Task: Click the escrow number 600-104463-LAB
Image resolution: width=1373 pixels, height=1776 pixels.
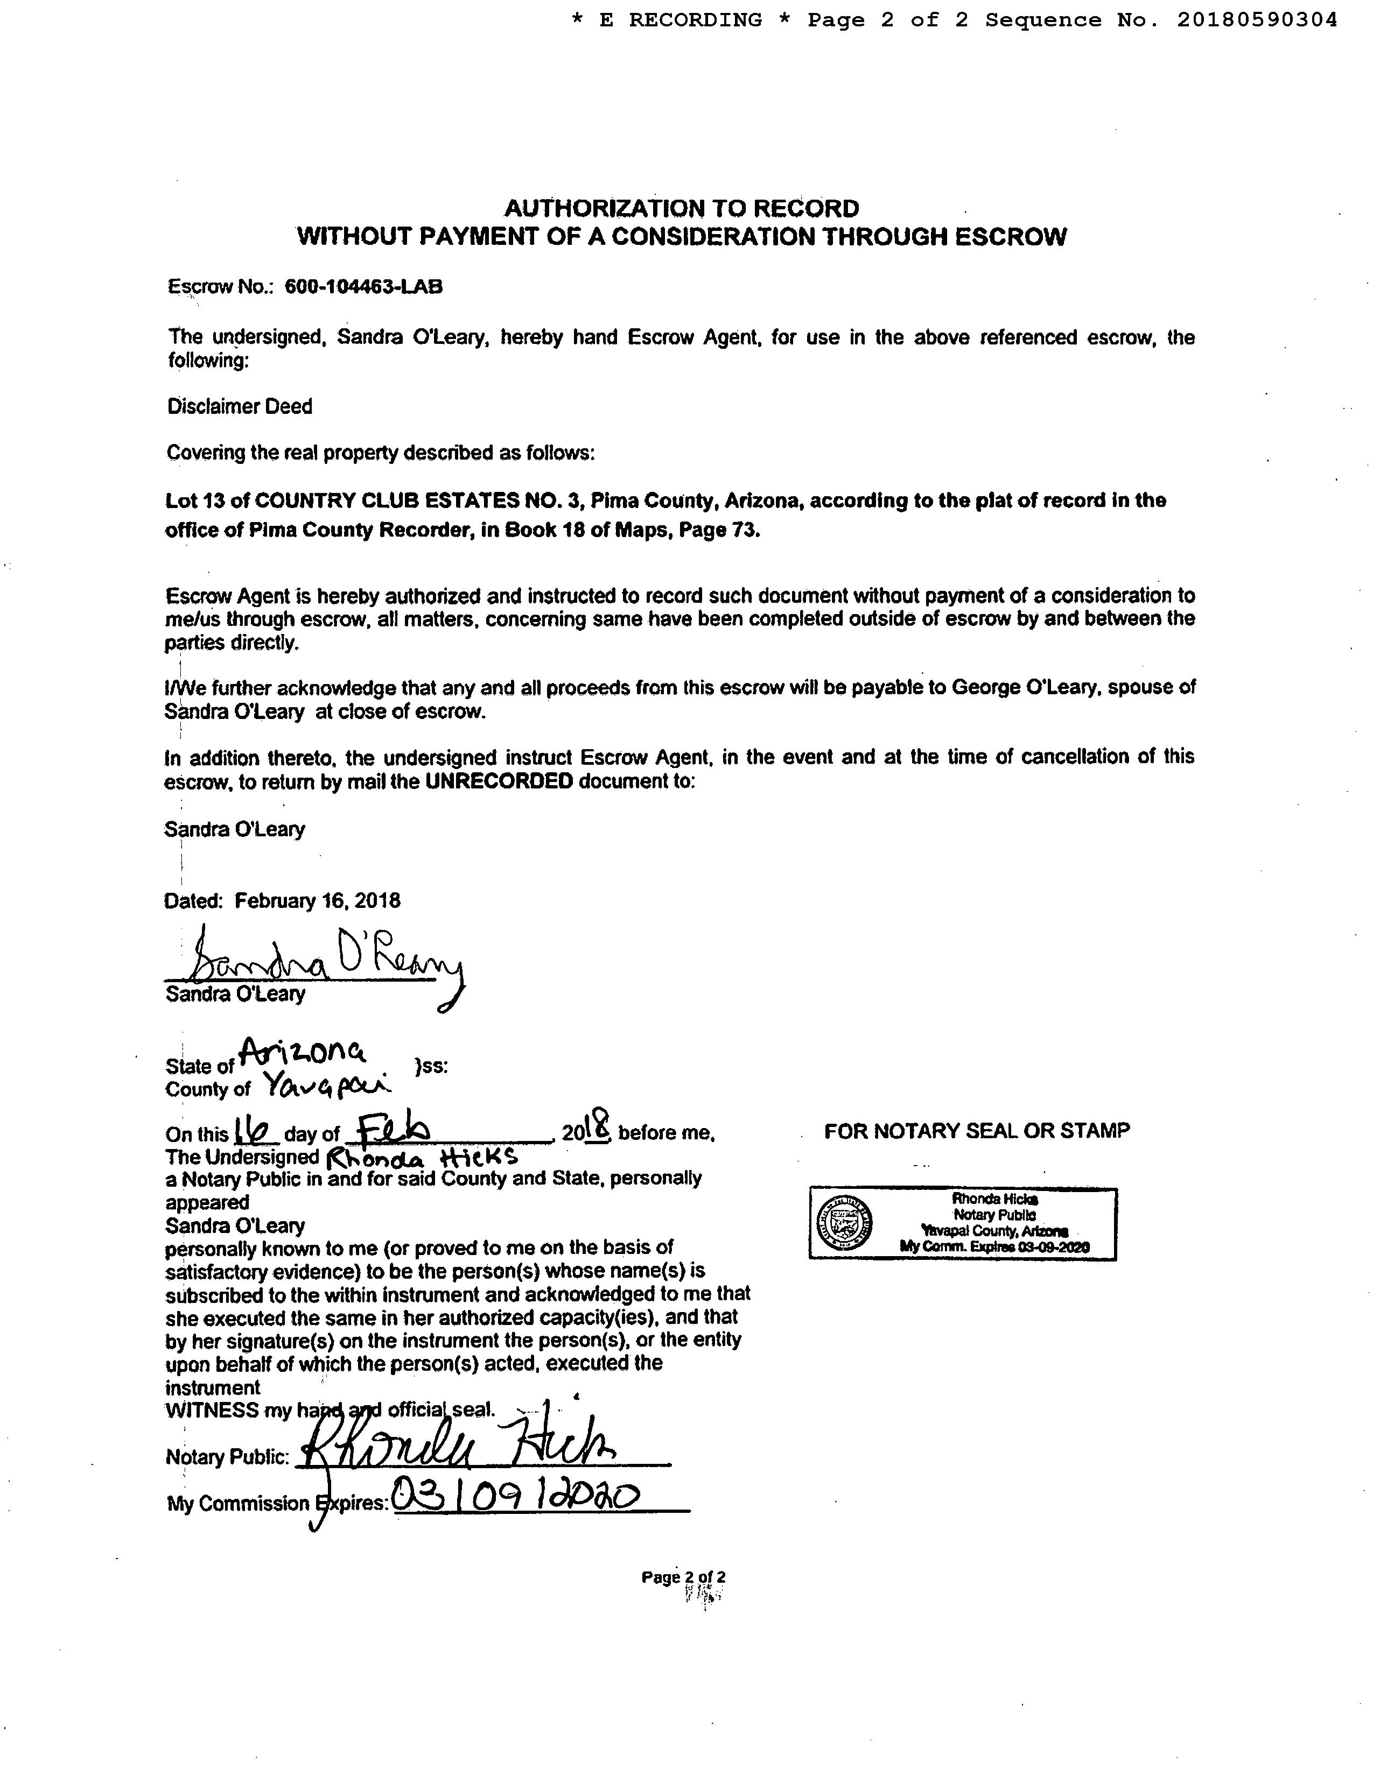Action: [x=363, y=286]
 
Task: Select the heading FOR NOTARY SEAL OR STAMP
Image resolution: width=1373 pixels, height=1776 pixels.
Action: [x=976, y=1130]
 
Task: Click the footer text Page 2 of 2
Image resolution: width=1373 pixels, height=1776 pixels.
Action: [x=683, y=1577]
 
